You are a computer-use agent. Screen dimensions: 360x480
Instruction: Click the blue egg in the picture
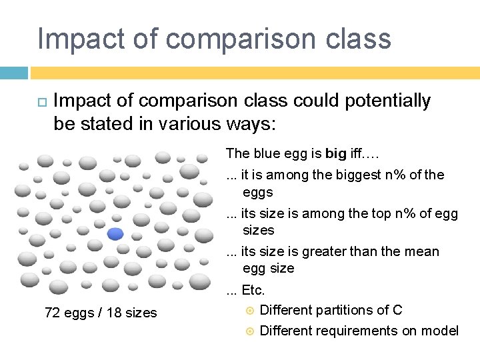[x=116, y=233]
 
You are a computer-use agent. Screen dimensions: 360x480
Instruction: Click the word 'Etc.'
[x=253, y=290]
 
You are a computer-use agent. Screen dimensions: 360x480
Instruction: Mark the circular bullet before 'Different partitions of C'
[x=251, y=311]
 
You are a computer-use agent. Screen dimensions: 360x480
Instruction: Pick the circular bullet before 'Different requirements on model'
[x=251, y=331]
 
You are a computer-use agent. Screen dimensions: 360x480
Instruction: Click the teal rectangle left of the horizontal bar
[x=14, y=73]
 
